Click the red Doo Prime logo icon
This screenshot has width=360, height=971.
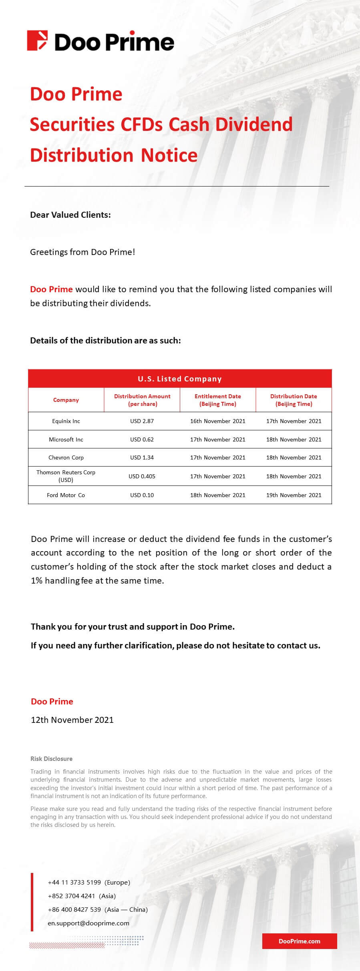coord(37,41)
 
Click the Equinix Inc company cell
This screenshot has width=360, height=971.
coord(66,421)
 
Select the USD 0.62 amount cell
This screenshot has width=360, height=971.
coord(142,439)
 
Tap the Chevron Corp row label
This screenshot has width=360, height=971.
coord(66,457)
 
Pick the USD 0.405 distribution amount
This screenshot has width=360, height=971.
coord(142,476)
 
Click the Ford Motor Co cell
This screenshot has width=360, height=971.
coord(66,495)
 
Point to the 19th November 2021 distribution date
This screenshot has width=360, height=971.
coord(294,495)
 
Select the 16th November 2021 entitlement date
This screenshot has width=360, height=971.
coord(217,421)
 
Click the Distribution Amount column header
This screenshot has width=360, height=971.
coord(142,400)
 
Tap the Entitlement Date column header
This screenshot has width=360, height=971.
coord(217,400)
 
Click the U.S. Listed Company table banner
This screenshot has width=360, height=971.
coord(180,379)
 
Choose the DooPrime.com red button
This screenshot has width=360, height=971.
coord(300,941)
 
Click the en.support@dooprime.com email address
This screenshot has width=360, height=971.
coord(88,923)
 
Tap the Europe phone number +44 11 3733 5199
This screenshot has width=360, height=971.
coord(74,882)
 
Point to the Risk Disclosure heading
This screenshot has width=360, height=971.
coord(52,758)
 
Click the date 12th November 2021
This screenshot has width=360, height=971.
coord(72,720)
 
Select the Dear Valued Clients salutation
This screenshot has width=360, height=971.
coord(70,215)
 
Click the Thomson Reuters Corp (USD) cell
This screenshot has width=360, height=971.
coord(66,476)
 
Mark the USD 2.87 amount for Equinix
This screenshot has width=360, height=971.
coord(142,421)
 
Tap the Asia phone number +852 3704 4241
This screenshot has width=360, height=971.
coord(72,896)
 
